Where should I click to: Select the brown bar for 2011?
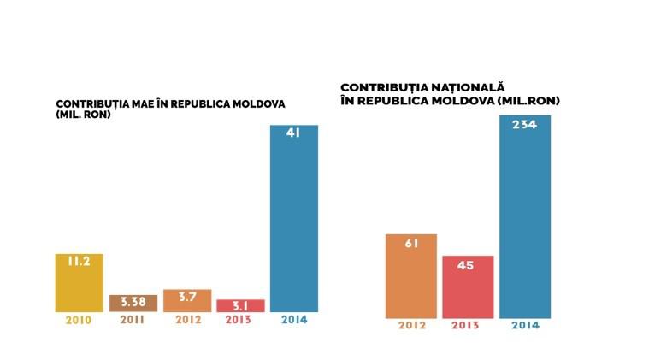click(x=133, y=303)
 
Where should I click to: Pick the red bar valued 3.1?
click(x=240, y=305)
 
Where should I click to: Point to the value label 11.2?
click(x=79, y=262)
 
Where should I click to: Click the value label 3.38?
click(x=133, y=303)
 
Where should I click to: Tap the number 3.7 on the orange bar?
click(x=186, y=297)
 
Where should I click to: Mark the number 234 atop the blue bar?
click(x=524, y=124)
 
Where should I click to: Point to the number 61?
click(x=410, y=243)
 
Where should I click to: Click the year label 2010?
click(x=79, y=321)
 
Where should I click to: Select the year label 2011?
click(x=133, y=321)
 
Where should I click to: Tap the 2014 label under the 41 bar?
click(x=293, y=321)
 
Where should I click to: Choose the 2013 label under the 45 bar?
click(x=467, y=325)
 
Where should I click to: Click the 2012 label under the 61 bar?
click(x=410, y=325)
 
